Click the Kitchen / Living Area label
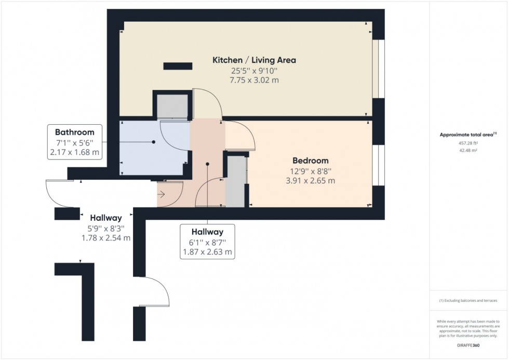pyautogui.click(x=254, y=60)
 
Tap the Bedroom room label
pyautogui.click(x=310, y=161)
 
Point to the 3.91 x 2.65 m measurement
pyautogui.click(x=310, y=181)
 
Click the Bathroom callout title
pyautogui.click(x=74, y=132)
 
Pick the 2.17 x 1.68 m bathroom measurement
pyautogui.click(x=74, y=153)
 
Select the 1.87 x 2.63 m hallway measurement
pyautogui.click(x=207, y=252)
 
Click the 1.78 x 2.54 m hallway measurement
pyautogui.click(x=105, y=238)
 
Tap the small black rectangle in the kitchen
pyautogui.click(x=178, y=66)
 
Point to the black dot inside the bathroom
pyautogui.click(x=154, y=142)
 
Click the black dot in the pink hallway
pyautogui.click(x=208, y=164)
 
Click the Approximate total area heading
pyautogui.click(x=466, y=135)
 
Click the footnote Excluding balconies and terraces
pyautogui.click(x=468, y=301)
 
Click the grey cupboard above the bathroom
pyautogui.click(x=172, y=106)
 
